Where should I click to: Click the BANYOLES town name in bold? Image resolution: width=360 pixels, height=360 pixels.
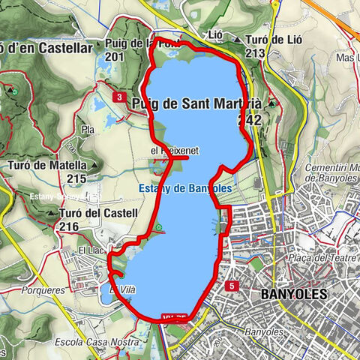[294, 293]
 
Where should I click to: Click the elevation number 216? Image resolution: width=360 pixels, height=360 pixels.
[69, 226]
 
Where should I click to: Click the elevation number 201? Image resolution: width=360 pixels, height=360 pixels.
[115, 56]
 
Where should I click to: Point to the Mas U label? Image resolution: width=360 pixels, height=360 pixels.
[346, 57]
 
